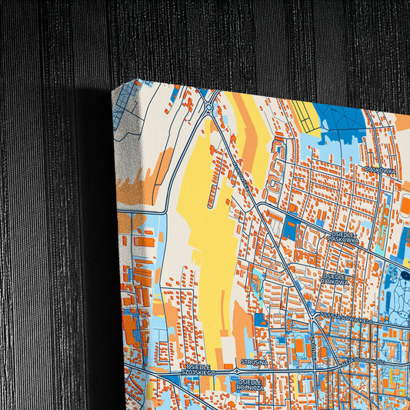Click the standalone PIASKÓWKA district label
(380, 170)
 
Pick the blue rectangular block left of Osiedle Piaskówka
(291, 228)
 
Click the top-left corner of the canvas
(113, 90)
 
